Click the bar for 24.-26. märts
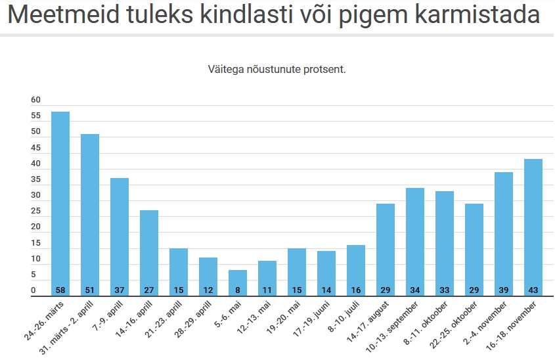pyautogui.click(x=60, y=204)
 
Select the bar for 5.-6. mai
pyautogui.click(x=238, y=282)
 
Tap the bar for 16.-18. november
pyautogui.click(x=533, y=227)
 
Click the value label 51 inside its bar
pyautogui.click(x=90, y=290)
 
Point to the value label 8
pyautogui.click(x=238, y=290)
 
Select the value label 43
pyautogui.click(x=533, y=290)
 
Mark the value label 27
pyautogui.click(x=149, y=290)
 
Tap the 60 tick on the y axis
pyautogui.click(x=35, y=101)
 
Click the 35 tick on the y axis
pyautogui.click(x=35, y=180)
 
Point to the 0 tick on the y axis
pyautogui.click(x=33, y=291)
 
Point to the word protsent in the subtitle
pyautogui.click(x=322, y=69)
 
